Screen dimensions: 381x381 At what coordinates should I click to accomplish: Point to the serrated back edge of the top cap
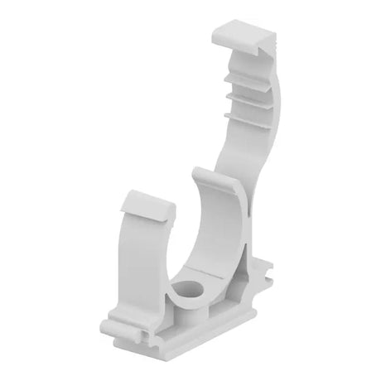[x=257, y=51]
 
